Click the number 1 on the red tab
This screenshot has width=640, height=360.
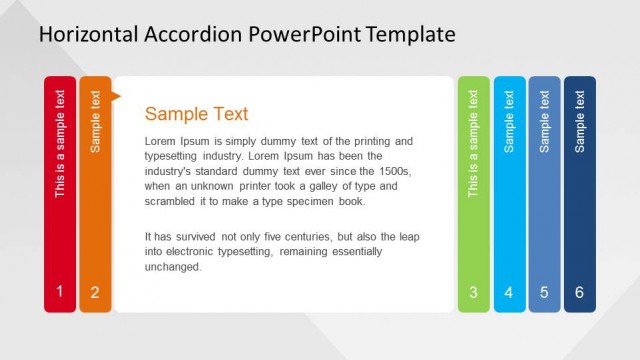coord(59,292)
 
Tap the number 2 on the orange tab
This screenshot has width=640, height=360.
coord(95,292)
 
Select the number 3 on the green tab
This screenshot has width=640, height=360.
coord(473,292)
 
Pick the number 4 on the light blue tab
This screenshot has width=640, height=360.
coord(509,292)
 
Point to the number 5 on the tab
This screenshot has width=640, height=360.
coord(544,292)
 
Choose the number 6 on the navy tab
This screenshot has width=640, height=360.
coord(580,292)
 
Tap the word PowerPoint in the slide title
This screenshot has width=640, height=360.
coord(302,35)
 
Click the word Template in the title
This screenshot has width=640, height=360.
coord(410,35)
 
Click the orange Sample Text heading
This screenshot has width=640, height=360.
coord(196,114)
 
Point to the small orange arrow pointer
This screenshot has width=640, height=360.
coord(116,96)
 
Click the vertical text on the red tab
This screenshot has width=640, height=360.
coord(60,144)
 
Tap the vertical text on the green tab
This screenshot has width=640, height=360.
coord(474,144)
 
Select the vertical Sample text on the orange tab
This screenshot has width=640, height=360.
coord(96,121)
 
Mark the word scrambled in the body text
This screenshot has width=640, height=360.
coord(173,201)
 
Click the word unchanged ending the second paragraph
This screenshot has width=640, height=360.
coord(173,267)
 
